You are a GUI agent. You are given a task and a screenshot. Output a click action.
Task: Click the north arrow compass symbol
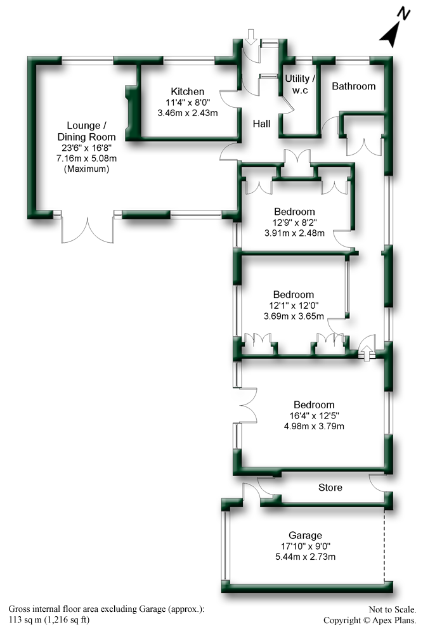click(394, 32)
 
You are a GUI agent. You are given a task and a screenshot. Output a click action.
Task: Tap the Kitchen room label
click(187, 92)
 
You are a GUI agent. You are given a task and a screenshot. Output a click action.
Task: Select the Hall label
click(261, 124)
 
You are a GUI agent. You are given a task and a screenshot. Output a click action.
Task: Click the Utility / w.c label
click(300, 84)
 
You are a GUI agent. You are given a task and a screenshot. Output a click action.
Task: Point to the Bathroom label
click(354, 86)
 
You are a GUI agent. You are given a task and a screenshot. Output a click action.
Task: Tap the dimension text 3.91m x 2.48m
click(294, 233)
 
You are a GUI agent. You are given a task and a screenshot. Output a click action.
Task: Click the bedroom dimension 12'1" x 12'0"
click(294, 306)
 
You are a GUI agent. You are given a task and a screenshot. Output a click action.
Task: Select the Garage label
click(304, 535)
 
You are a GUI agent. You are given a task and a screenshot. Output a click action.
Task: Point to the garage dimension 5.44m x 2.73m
click(304, 557)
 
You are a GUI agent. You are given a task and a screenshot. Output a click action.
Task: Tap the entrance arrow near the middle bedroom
click(367, 349)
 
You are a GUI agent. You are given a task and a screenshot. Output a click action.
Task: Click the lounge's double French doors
click(87, 230)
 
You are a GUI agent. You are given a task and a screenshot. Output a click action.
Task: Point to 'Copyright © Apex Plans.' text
click(370, 621)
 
